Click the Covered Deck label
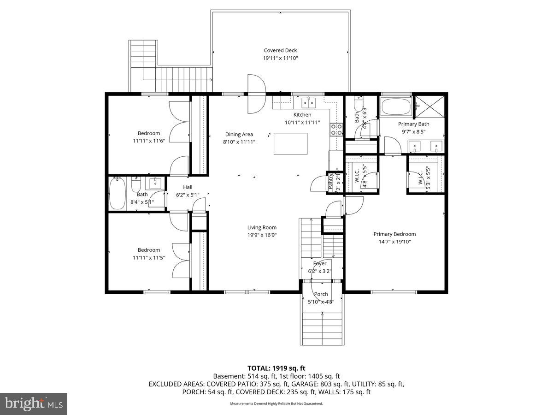tap(280, 51)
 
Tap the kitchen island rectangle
tap(290, 143)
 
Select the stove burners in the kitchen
tap(336, 129)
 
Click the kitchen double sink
tap(308, 102)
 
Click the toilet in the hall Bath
tap(136, 186)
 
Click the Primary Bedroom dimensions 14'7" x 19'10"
tap(394, 241)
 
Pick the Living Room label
tap(262, 227)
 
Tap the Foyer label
tap(320, 264)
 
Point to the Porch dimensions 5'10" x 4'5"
tap(321, 302)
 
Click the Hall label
tap(188, 187)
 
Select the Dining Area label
tap(239, 135)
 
